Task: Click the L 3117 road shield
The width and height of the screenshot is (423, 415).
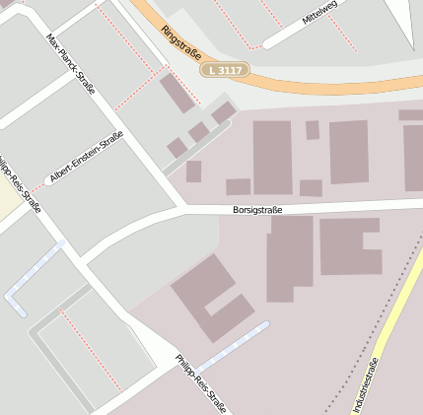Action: click(x=225, y=71)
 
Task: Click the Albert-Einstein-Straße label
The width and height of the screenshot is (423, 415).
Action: click(x=87, y=157)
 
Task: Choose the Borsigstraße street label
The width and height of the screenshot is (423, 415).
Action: click(x=258, y=209)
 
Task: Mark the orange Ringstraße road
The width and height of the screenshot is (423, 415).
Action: click(x=296, y=83)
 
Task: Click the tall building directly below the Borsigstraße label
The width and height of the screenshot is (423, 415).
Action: click(x=290, y=258)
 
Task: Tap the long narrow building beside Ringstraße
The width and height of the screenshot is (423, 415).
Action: click(x=177, y=93)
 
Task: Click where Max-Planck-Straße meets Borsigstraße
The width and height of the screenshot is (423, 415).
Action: click(x=182, y=209)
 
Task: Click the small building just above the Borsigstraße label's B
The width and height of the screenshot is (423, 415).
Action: click(x=238, y=186)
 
